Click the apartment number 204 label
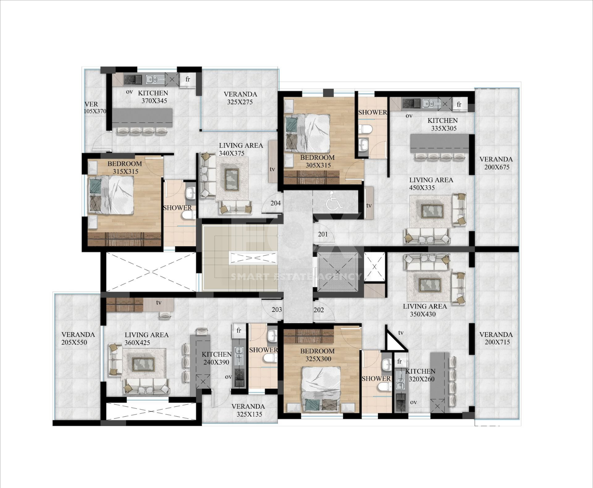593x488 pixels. (x=275, y=203)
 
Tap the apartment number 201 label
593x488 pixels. (x=323, y=234)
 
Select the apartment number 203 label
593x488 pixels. (x=277, y=309)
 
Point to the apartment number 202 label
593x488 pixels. (x=319, y=310)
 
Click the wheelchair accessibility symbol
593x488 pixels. (x=334, y=201)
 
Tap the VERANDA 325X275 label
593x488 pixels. (x=240, y=98)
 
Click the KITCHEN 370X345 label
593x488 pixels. (x=153, y=97)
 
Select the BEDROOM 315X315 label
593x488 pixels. (x=125, y=168)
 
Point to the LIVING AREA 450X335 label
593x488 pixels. (x=431, y=184)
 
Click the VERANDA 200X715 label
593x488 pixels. (x=496, y=338)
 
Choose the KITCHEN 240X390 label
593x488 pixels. (x=217, y=358)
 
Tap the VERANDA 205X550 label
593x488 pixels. (x=78, y=338)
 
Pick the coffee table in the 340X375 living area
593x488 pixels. (x=232, y=180)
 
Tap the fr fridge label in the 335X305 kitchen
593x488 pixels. (x=459, y=104)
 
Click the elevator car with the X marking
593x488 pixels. (x=338, y=272)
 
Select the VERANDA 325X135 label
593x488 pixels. (x=248, y=410)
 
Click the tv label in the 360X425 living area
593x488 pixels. (x=159, y=303)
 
